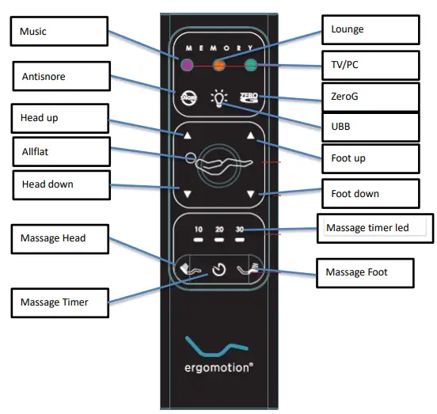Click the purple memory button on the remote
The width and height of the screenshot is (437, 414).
188,66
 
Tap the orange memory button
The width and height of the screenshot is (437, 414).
218,66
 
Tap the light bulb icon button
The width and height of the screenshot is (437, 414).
218,98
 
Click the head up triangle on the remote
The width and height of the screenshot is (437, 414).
188,136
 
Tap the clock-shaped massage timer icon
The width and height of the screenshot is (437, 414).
218,269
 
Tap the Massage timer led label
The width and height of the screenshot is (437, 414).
371,228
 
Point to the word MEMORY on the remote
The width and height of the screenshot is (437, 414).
218,47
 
